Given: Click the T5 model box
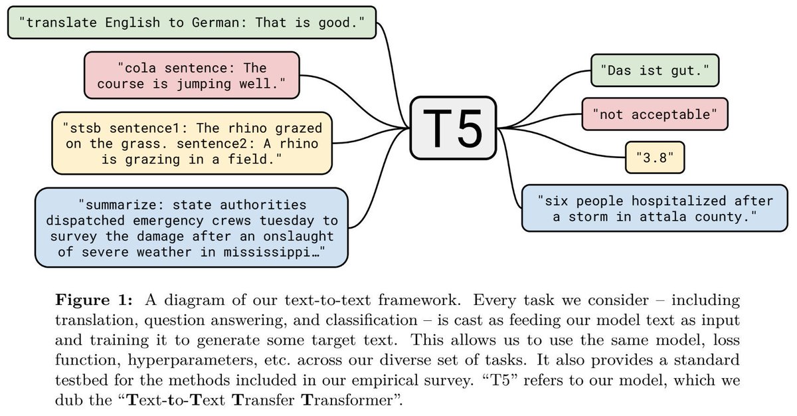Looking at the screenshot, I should (454, 127).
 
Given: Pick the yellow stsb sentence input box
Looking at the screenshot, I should (191, 143).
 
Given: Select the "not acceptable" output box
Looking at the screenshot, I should (654, 114).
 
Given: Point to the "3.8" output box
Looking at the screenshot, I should (655, 159).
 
